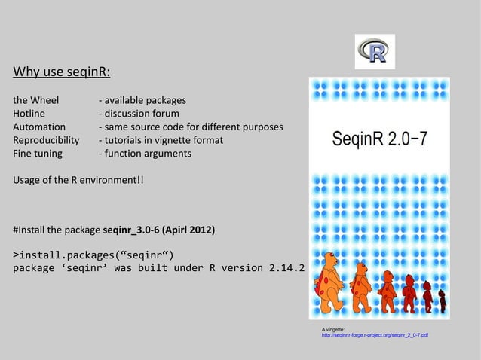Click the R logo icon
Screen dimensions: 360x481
374,51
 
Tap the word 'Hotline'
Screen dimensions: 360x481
29,113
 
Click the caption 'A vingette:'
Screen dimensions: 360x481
333,329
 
